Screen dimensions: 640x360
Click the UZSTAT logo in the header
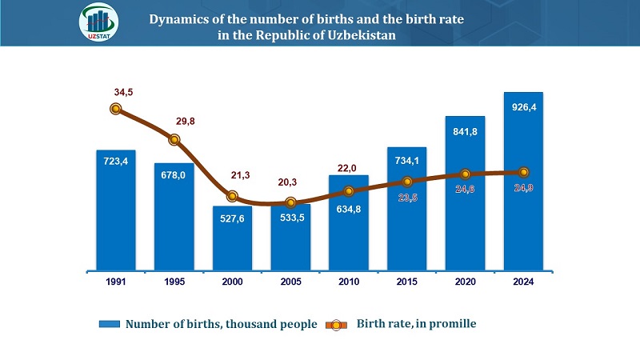tap(98, 22)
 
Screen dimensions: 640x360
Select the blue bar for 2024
tap(523, 182)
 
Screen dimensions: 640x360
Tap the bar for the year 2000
tap(232, 238)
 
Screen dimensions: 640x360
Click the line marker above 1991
tap(116, 109)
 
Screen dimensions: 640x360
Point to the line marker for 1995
tap(174, 139)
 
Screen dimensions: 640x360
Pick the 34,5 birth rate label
tap(123, 92)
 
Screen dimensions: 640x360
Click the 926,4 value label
tap(524, 107)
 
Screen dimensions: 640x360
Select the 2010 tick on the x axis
tap(349, 282)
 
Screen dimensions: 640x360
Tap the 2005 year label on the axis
tap(290, 282)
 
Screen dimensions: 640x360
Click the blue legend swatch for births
tap(110, 324)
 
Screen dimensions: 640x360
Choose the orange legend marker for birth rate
tap(336, 325)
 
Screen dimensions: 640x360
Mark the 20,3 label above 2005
tap(287, 182)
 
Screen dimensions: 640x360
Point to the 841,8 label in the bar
tap(465, 132)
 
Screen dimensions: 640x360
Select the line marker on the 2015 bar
tap(407, 182)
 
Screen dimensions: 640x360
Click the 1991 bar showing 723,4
tap(116, 210)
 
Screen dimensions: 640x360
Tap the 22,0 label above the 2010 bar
tap(347, 168)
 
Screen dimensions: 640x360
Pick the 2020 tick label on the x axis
tap(466, 282)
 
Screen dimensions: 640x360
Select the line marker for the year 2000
tap(232, 196)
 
